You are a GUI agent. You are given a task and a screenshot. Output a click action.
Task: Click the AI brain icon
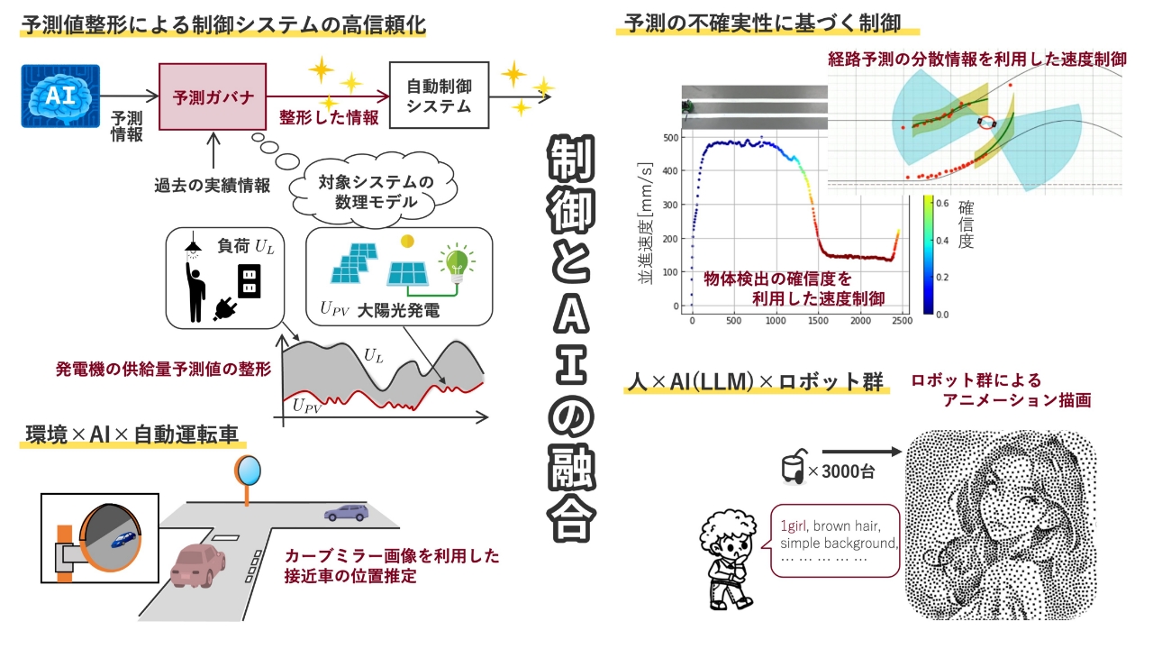[x=60, y=96]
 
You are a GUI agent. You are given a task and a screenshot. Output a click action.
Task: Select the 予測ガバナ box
[x=213, y=96]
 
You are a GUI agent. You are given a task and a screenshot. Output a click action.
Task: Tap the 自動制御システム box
[x=439, y=96]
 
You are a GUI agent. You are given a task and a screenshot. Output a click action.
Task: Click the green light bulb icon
[x=457, y=262]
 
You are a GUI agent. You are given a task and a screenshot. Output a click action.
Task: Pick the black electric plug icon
[x=225, y=308]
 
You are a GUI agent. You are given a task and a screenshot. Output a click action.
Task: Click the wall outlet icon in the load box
[x=250, y=281]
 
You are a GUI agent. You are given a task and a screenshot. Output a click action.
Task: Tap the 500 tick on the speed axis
[x=671, y=138]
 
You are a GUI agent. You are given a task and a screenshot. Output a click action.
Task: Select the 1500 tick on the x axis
[x=818, y=320]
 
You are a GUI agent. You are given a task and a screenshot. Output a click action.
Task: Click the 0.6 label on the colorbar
[x=942, y=204]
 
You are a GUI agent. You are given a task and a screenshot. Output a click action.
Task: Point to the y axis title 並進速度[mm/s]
[x=646, y=223]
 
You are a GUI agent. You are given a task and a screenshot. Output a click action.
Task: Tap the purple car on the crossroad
[x=347, y=513]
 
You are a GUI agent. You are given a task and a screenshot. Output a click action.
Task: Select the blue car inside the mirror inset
[x=124, y=539]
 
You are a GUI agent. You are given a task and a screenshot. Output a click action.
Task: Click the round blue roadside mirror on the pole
[x=248, y=471]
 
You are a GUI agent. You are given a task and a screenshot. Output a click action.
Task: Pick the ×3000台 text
[x=841, y=471]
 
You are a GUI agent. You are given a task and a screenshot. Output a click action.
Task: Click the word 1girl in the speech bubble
[x=793, y=526]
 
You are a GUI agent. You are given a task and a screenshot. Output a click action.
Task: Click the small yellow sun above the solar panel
[x=407, y=241]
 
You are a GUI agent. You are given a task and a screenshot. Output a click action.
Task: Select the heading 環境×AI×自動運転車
[x=132, y=434]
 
